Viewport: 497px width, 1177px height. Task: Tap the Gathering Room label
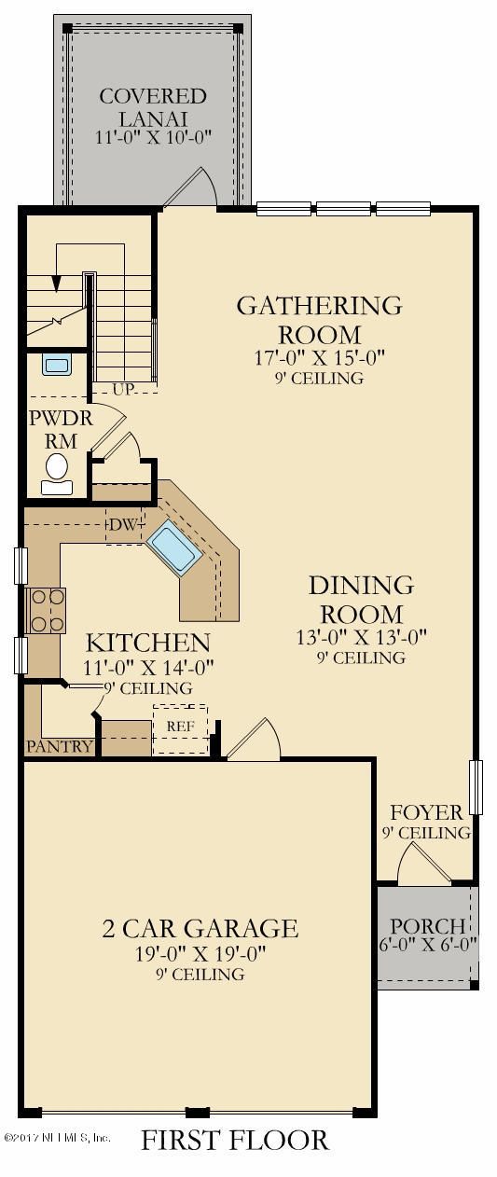point(320,320)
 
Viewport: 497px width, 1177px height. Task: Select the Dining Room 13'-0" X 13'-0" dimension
point(362,637)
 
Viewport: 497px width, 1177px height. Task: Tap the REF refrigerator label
point(180,727)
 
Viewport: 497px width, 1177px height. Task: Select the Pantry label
point(60,746)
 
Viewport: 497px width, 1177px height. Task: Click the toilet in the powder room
point(57,476)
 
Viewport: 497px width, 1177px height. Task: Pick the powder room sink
point(56,366)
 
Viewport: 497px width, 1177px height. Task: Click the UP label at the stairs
point(123,389)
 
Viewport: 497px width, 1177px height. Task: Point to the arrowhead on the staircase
point(56,284)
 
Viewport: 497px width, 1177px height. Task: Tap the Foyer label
point(427,813)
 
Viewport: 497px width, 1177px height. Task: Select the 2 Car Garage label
point(200,928)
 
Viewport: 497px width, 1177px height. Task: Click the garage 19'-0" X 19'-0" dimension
point(200,952)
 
